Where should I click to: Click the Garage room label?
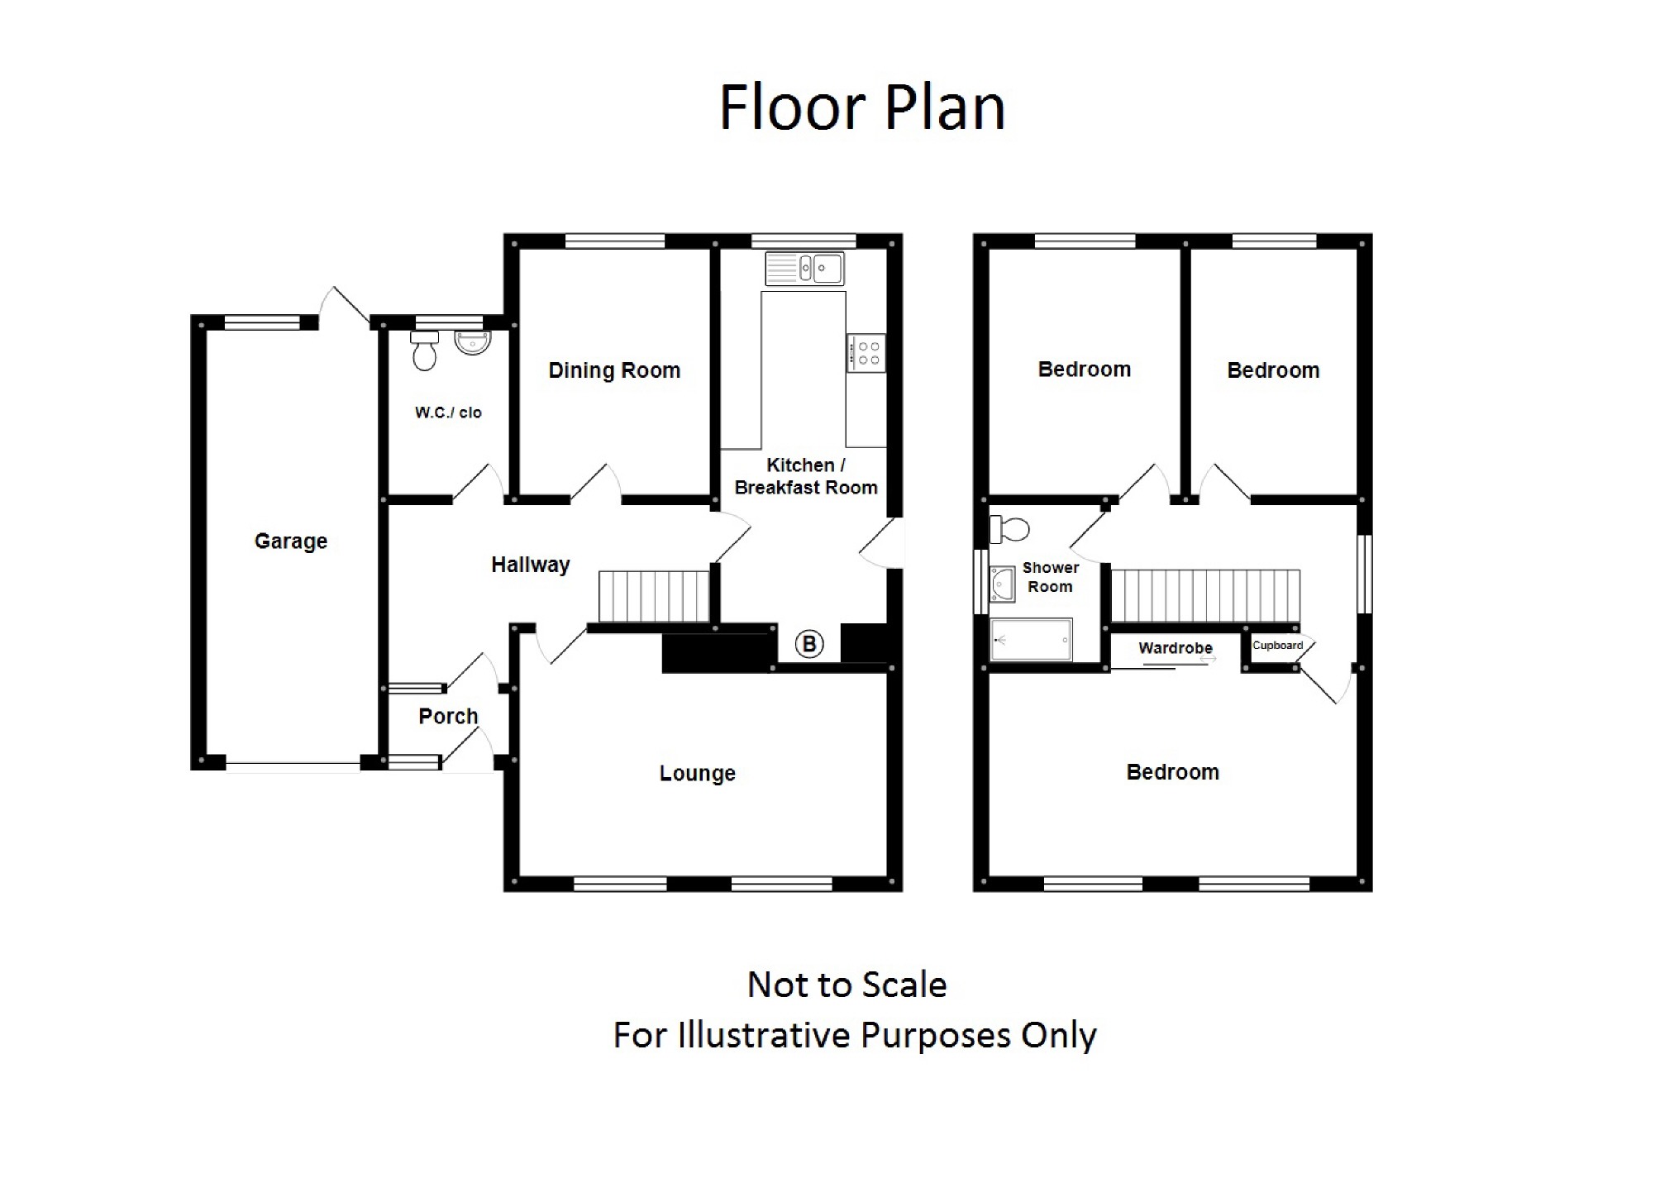pos(291,541)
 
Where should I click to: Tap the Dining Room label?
pos(614,370)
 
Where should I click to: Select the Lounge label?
pos(697,773)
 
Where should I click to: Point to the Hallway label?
pos(531,565)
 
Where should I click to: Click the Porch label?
pos(448,716)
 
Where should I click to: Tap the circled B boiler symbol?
pos(809,644)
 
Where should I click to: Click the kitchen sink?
pos(804,269)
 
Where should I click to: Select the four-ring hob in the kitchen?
pos(866,353)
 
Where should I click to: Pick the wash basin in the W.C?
pos(473,342)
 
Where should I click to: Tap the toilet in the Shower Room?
pos(1009,529)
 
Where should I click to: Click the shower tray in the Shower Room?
pos(1031,640)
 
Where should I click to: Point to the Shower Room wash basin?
pos(1003,584)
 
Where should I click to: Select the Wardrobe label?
pos(1176,648)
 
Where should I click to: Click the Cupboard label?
pos(1277,646)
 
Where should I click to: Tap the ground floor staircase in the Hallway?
pos(654,595)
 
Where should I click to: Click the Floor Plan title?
pos(862,107)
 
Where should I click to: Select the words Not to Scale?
pos(847,985)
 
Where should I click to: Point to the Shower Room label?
pos(1051,577)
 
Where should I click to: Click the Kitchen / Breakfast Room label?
pos(806,476)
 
